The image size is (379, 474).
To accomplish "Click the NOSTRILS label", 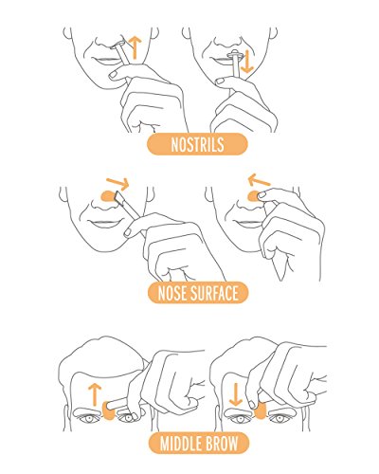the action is click(197, 144).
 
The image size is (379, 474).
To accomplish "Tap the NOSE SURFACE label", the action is click(198, 293).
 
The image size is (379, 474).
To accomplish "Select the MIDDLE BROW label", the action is click(199, 444).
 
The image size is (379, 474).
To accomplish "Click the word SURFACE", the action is click(214, 293).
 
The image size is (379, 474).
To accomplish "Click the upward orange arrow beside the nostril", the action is click(135, 47).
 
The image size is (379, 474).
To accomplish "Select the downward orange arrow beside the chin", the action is click(246, 62).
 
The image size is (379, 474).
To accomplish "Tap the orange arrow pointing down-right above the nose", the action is click(117, 183).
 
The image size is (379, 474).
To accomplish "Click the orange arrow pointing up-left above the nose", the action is click(259, 180).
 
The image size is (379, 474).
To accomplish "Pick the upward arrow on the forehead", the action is click(94, 394).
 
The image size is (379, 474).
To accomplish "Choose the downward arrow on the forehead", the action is click(236, 394).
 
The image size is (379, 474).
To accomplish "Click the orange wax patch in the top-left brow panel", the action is click(109, 410).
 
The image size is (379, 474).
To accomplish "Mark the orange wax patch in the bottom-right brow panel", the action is click(261, 411).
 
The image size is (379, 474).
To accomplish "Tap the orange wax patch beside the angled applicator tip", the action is click(108, 196).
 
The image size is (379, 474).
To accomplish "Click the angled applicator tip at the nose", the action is click(120, 197).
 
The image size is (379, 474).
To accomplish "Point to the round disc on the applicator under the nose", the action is click(235, 54).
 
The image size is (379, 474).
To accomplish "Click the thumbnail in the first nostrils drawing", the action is click(113, 75).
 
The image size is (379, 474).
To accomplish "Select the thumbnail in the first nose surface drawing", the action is click(128, 232).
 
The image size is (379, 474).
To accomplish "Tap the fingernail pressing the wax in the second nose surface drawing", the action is click(262, 195).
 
